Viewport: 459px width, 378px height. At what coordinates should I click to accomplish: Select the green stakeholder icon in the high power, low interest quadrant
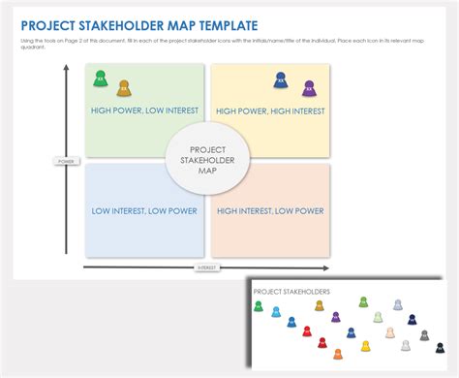pos(100,79)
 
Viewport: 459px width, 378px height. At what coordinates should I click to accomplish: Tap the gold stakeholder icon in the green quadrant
pos(123,88)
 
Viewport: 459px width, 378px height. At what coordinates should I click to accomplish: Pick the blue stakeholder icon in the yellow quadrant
pos(281,79)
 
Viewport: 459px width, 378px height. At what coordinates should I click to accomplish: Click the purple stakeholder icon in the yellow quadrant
pos(309,88)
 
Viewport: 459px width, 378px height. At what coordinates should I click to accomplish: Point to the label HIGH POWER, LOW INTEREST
pos(144,110)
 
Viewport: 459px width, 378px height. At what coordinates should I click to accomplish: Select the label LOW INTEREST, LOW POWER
pos(144,210)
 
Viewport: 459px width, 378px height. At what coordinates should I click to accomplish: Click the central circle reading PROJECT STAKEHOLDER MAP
pos(207,157)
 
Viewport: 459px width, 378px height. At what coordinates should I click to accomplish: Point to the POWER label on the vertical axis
pos(66,161)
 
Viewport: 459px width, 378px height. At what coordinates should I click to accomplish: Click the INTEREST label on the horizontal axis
pos(206,267)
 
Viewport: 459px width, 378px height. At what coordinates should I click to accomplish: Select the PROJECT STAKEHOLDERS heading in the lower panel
pos(291,292)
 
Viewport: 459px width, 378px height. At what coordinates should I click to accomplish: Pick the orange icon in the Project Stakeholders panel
pos(338,354)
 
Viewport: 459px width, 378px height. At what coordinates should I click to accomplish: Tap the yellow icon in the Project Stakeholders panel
pos(365,346)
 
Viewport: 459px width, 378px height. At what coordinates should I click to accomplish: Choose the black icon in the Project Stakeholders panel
pos(440,348)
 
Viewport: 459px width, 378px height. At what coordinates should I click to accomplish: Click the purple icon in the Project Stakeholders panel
pos(336,317)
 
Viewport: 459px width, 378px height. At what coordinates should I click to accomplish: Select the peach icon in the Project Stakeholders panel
pos(390,332)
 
